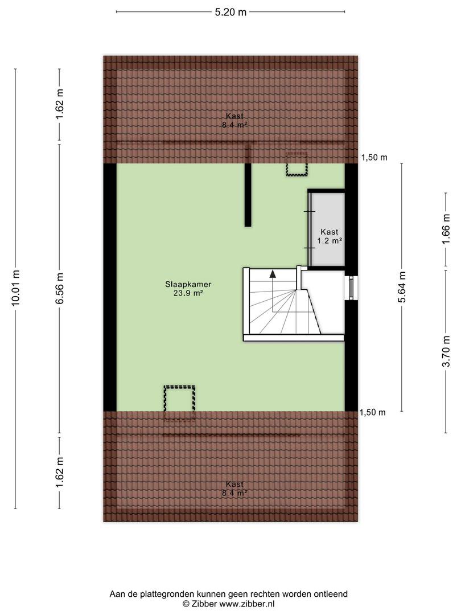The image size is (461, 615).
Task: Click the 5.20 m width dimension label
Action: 230,12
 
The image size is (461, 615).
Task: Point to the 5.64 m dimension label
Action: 402,286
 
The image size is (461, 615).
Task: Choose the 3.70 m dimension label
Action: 446,351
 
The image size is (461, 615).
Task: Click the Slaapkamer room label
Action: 188,284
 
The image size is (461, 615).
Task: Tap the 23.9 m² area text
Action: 188,293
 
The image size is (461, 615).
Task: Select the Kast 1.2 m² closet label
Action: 330,236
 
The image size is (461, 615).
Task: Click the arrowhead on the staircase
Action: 273,274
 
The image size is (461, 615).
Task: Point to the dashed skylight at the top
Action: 297,165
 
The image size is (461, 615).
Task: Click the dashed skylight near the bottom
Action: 179,403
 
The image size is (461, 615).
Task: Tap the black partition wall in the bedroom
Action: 248,195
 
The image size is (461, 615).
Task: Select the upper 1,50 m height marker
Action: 374,158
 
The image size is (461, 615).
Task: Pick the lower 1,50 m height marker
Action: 373,412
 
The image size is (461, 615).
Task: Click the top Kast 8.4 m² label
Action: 234,120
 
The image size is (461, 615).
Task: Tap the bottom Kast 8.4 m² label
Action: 234,489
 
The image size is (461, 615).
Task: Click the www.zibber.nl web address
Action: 246,604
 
